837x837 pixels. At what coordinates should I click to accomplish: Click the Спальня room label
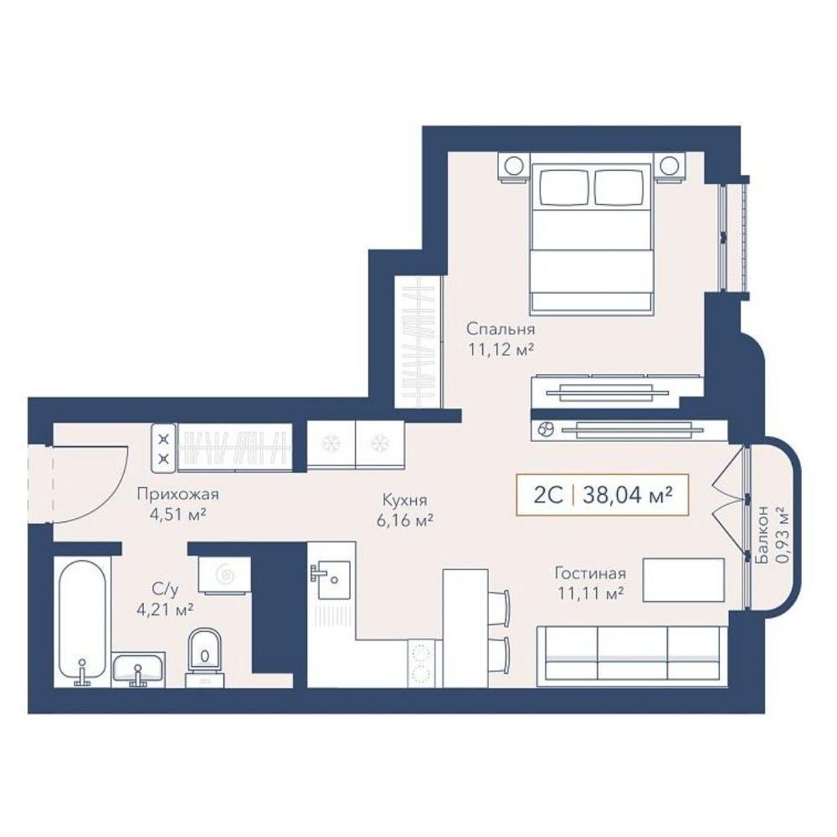point(501,328)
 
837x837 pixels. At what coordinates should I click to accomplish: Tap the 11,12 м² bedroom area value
point(501,350)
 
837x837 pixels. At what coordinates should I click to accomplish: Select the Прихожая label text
point(177,495)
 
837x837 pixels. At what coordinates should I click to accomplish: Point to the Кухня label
point(404,501)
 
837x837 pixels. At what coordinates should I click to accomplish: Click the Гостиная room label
point(590,573)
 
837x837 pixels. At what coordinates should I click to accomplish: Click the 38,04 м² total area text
point(627,496)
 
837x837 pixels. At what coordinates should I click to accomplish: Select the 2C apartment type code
point(548,496)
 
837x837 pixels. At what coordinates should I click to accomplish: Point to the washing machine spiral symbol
point(224,574)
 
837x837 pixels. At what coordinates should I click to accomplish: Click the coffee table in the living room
point(683,580)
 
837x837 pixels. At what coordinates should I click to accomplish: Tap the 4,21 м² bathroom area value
point(165,609)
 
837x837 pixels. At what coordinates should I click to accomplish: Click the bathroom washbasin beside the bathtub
point(138,669)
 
